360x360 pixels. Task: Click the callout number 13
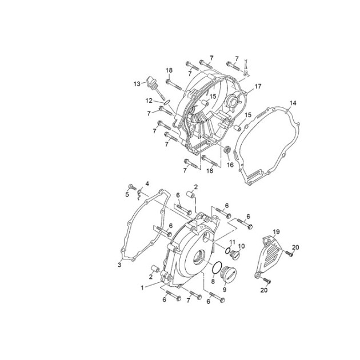point(137,84)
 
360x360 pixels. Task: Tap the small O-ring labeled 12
point(167,102)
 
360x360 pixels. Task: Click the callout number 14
point(293,103)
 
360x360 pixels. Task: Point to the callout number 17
point(258,86)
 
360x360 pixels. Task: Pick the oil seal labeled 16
point(227,150)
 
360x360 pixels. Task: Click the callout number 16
point(230,165)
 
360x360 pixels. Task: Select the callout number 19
point(276,232)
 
